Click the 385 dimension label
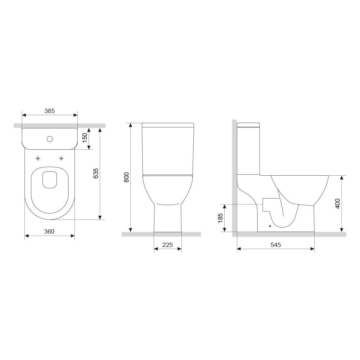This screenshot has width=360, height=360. (50, 111)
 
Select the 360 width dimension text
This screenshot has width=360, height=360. (49, 231)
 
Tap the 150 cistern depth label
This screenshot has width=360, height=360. (85, 138)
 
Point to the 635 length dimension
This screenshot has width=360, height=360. (96, 174)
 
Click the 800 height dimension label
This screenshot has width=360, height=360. (126, 177)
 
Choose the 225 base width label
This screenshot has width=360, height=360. (168, 245)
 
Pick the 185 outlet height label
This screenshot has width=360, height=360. (220, 218)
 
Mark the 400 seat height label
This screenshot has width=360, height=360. (338, 204)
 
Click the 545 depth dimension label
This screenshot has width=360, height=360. (276, 245)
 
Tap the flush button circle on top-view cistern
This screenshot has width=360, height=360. (50, 139)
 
